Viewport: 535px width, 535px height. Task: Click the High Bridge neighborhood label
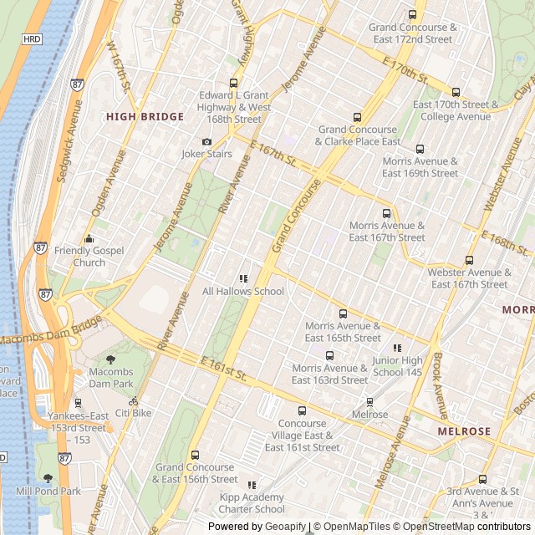145,117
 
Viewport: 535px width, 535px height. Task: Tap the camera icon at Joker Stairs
207,142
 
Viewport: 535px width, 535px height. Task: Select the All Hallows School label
243,292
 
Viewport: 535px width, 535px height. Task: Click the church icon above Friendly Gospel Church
89,239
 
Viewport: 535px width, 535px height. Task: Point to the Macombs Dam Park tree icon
110,359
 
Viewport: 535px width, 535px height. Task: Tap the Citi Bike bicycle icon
134,401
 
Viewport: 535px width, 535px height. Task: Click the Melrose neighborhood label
464,431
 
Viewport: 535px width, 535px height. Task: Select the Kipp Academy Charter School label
252,503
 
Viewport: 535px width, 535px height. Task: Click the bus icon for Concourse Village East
303,410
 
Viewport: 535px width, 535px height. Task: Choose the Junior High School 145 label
397,366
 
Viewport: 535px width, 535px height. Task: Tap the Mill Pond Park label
48,492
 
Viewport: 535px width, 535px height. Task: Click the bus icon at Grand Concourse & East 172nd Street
412,15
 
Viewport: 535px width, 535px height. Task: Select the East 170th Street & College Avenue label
456,111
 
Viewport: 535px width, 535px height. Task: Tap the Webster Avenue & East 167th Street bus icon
469,261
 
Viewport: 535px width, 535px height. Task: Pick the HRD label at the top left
32,39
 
